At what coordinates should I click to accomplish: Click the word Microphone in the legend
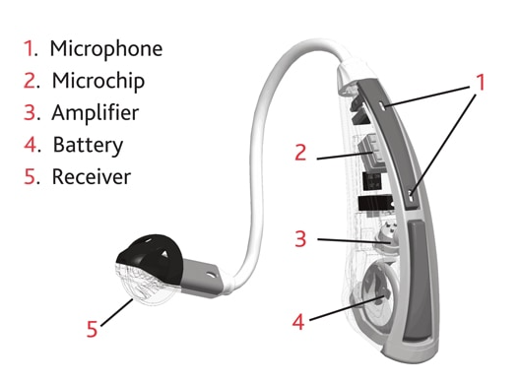(x=106, y=48)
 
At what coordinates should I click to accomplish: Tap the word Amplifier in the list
(x=96, y=113)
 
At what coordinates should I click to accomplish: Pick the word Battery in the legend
(x=88, y=146)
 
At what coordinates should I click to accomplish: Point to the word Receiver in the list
(x=92, y=178)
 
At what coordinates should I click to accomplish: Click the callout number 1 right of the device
(x=480, y=83)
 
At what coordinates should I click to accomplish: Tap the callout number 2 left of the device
(x=301, y=153)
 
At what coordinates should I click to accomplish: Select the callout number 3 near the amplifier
(x=302, y=238)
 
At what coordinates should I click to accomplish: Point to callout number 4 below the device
(x=301, y=321)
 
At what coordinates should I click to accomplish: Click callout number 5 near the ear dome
(x=92, y=327)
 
